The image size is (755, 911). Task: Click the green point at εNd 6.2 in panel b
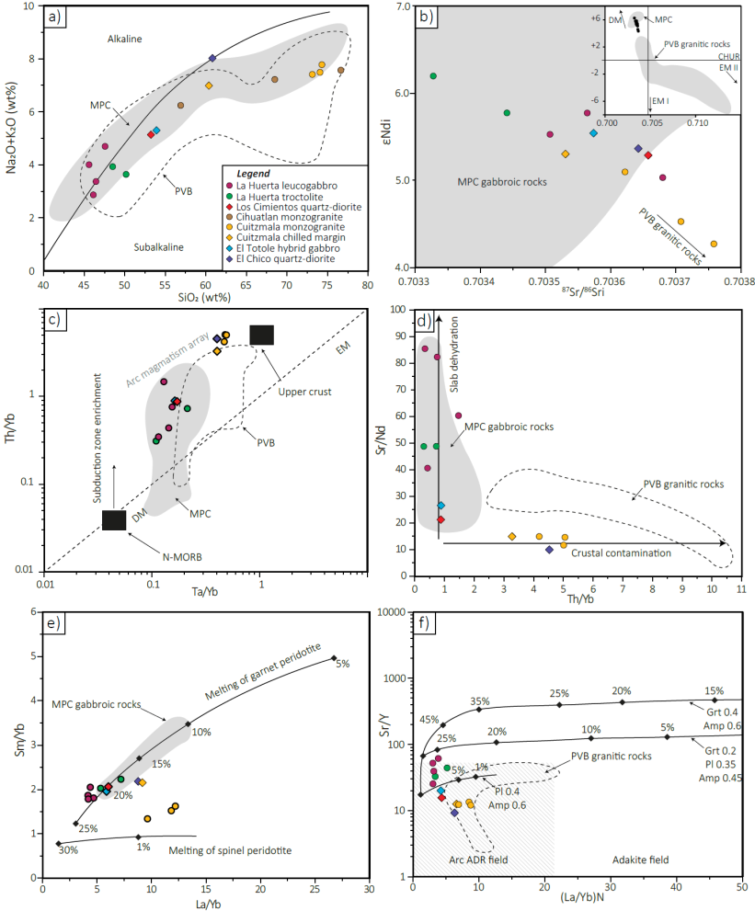[x=433, y=76]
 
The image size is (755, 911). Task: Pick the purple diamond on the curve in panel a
[x=212, y=58]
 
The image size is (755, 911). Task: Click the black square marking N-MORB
[x=114, y=520]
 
